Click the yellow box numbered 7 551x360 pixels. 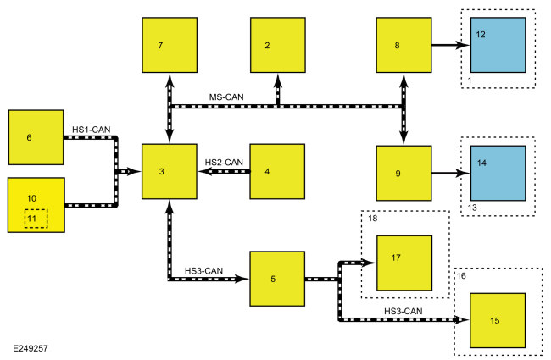click(170, 45)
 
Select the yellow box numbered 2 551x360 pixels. click(278, 45)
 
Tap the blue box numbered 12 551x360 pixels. click(498, 45)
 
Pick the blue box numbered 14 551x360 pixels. click(498, 173)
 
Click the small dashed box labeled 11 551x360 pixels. click(36, 219)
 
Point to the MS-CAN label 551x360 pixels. click(226, 97)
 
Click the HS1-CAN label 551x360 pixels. click(91, 130)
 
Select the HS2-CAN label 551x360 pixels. click(224, 163)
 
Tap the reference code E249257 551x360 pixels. click(31, 348)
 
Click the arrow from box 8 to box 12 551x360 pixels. click(451, 45)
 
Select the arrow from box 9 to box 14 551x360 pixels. click(451, 173)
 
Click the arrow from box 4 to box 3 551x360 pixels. click(224, 171)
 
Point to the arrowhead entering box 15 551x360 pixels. click(463, 319)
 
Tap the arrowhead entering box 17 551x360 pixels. click(369, 263)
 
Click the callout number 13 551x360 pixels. click(472, 208)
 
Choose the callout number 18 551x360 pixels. click(372, 219)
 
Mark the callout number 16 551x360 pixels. click(461, 276)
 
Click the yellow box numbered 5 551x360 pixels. click(277, 279)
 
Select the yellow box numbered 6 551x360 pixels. click(36, 137)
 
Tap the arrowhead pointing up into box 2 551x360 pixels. click(278, 80)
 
